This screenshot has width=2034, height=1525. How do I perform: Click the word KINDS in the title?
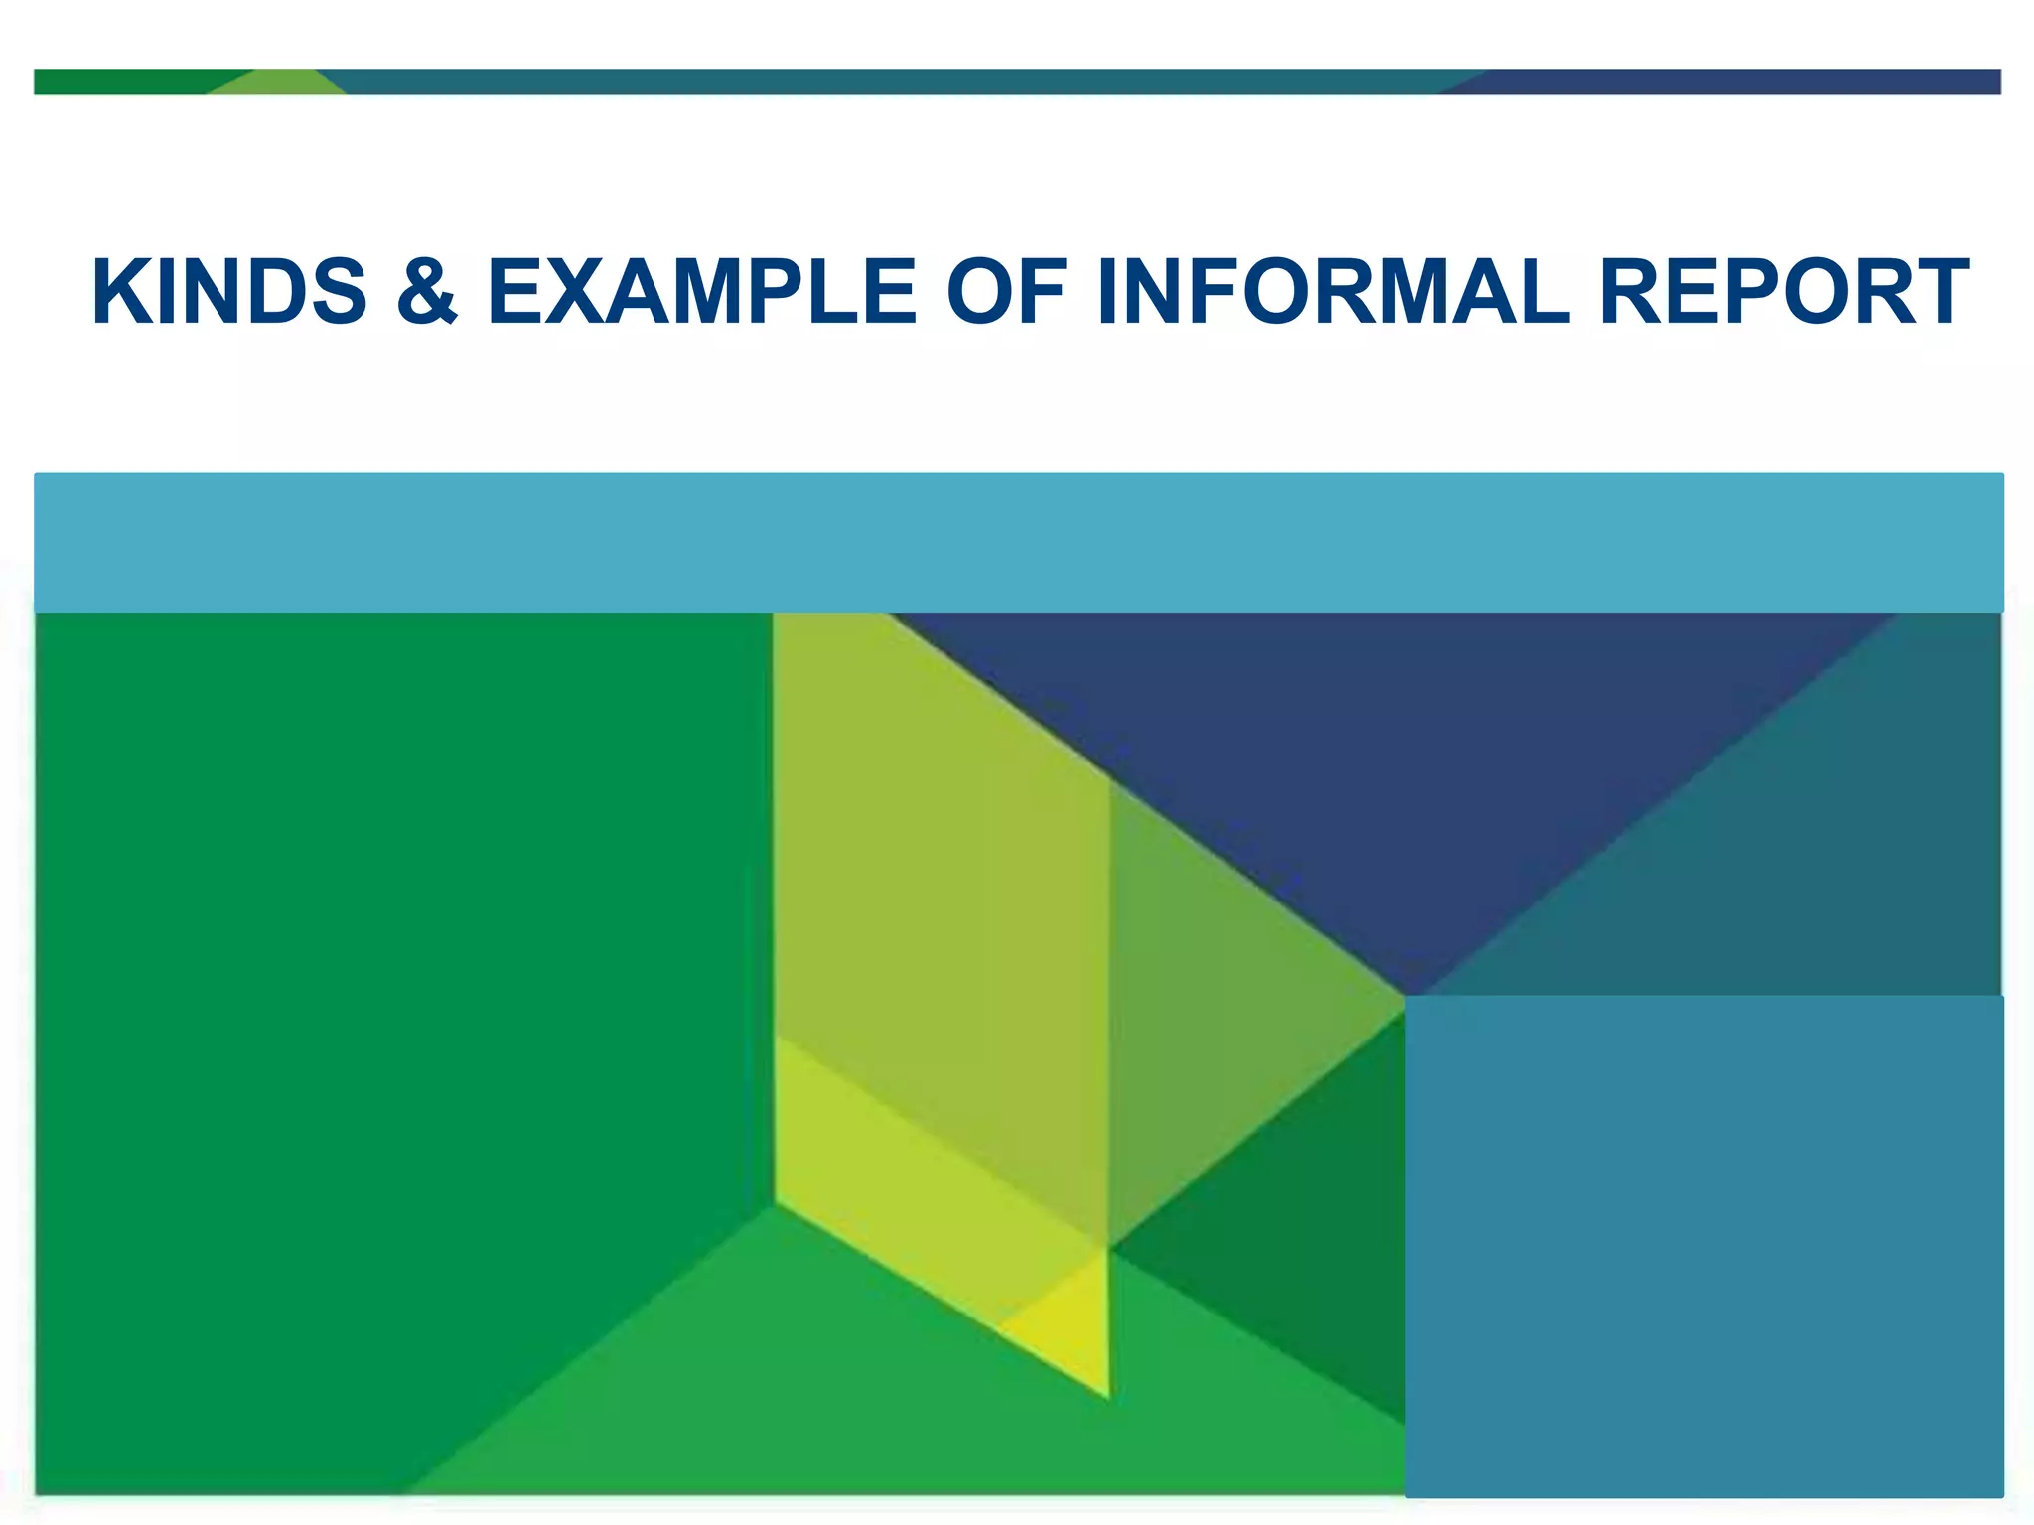point(229,292)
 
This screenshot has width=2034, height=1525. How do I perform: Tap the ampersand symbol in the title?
point(427,292)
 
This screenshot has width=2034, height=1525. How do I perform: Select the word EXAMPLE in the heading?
point(701,292)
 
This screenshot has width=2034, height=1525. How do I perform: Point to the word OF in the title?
point(1006,292)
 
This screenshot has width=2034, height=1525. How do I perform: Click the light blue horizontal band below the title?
point(1017,542)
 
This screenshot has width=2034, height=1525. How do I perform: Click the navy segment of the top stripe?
point(1738,82)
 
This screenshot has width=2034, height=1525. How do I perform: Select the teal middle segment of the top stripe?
point(894,82)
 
